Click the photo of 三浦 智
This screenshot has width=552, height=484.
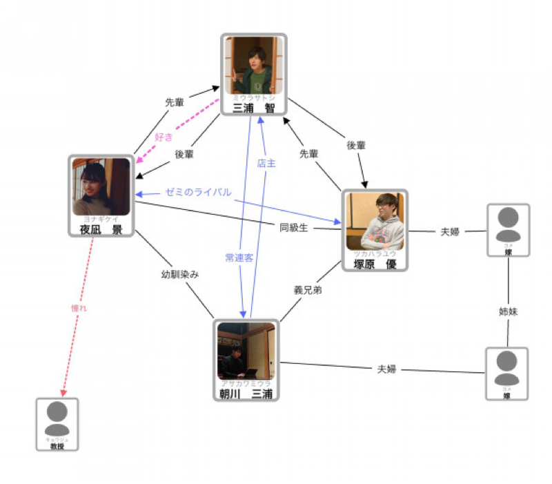(x=253, y=65)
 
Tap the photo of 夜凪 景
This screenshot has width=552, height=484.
(x=101, y=186)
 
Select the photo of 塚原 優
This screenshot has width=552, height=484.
(x=375, y=222)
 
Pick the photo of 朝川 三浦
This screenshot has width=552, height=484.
(x=246, y=351)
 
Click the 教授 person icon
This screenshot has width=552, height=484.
(x=57, y=418)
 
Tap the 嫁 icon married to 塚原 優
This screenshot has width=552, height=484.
(x=508, y=224)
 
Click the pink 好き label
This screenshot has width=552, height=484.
(x=164, y=136)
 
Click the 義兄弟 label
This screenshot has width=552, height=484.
(x=308, y=290)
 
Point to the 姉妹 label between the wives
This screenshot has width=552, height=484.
(x=508, y=311)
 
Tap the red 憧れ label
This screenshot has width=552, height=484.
(x=79, y=308)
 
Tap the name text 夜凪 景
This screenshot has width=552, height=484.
(x=101, y=229)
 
